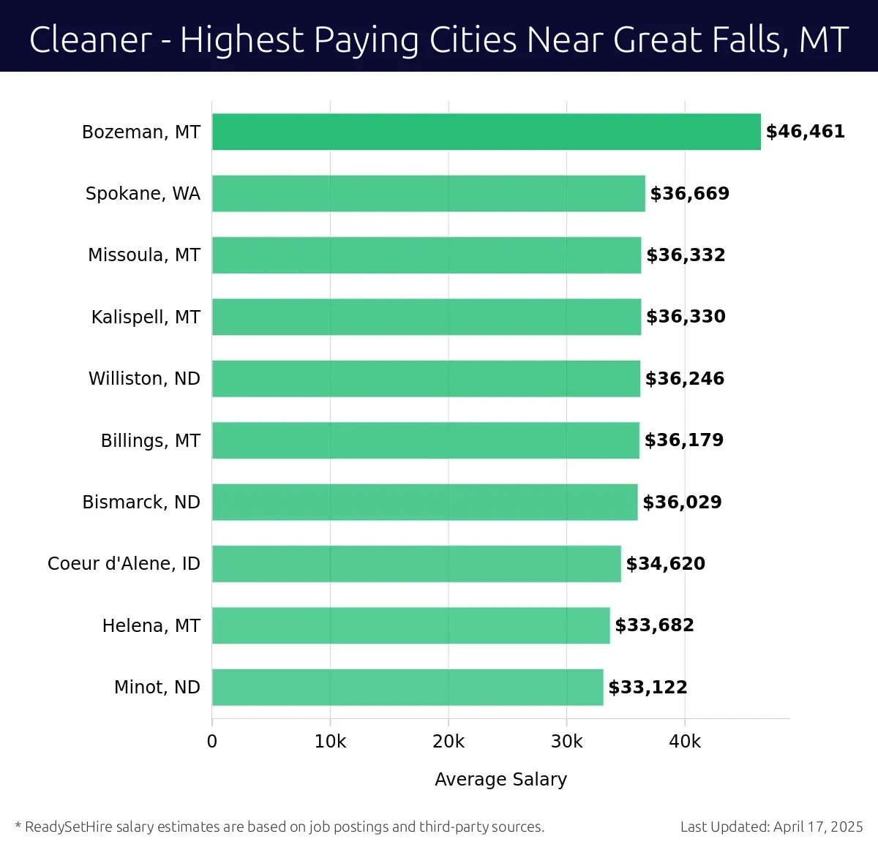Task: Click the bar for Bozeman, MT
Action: [x=486, y=132]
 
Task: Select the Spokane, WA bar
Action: [x=428, y=193]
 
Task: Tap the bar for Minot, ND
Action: [x=408, y=687]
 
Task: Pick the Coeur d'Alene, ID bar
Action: [x=416, y=563]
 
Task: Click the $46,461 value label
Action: [x=805, y=132]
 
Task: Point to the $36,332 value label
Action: [x=686, y=255]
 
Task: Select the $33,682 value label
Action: [x=654, y=625]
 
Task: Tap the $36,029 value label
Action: [x=682, y=502]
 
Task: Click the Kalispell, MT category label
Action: [x=146, y=317]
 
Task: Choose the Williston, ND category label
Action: [x=144, y=378]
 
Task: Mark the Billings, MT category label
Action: [x=150, y=440]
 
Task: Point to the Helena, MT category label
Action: [x=151, y=625]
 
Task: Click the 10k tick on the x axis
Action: [x=330, y=742]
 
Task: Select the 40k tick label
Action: [x=685, y=742]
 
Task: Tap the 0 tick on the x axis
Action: [x=212, y=742]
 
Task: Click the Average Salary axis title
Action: [x=500, y=779]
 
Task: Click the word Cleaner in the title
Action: [x=90, y=39]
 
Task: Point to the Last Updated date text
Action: [x=771, y=827]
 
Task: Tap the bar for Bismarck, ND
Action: [x=424, y=502]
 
